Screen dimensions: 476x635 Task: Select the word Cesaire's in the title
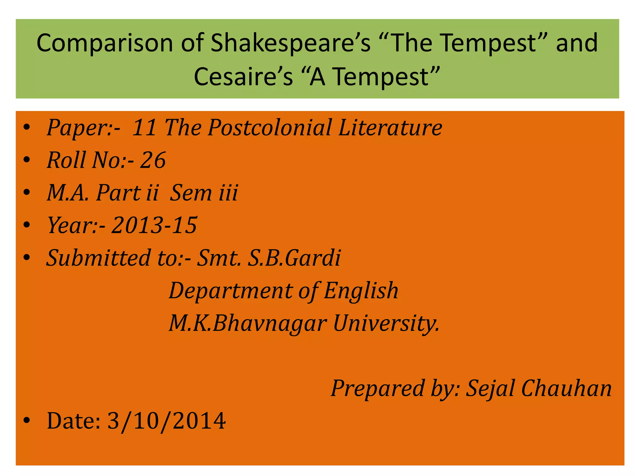click(x=243, y=77)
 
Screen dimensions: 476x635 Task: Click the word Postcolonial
click(x=270, y=127)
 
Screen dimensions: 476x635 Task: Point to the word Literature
click(x=390, y=127)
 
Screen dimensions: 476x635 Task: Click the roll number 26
click(x=153, y=160)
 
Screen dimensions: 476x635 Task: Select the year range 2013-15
click(x=154, y=225)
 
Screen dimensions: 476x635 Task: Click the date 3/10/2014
click(x=167, y=421)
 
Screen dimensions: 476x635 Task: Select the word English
click(x=361, y=291)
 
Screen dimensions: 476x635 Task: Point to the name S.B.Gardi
click(x=294, y=258)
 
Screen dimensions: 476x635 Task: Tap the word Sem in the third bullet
click(x=191, y=193)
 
